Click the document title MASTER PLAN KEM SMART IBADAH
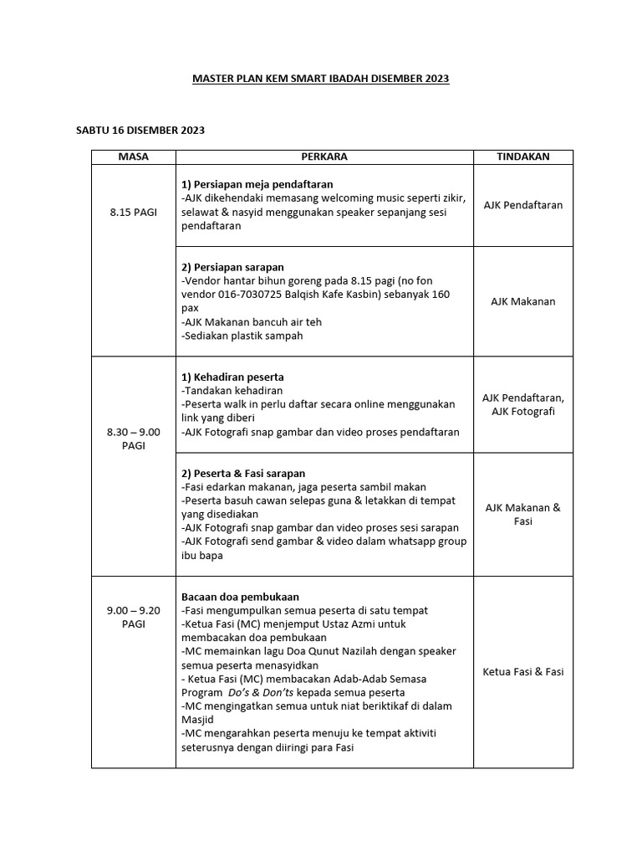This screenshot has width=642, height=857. point(320,79)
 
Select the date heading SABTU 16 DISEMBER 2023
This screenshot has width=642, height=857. point(140,131)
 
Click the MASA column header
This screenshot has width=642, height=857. point(133,157)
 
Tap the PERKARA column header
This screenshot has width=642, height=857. point(324,157)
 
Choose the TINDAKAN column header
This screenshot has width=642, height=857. point(522,157)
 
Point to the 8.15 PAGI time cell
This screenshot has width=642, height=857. point(133,212)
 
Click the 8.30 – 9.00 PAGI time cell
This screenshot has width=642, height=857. point(133,439)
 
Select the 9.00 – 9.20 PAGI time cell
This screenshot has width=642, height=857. point(133,618)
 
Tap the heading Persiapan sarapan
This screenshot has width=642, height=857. point(235,268)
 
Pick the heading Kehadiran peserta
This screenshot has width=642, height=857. point(233,377)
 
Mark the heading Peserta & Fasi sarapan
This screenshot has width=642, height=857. point(243,474)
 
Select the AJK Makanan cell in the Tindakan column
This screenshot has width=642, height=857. point(522,301)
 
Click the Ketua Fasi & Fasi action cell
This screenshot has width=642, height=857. point(522,671)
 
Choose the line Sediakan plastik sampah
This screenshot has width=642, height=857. point(242,336)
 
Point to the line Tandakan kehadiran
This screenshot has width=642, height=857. point(232,391)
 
